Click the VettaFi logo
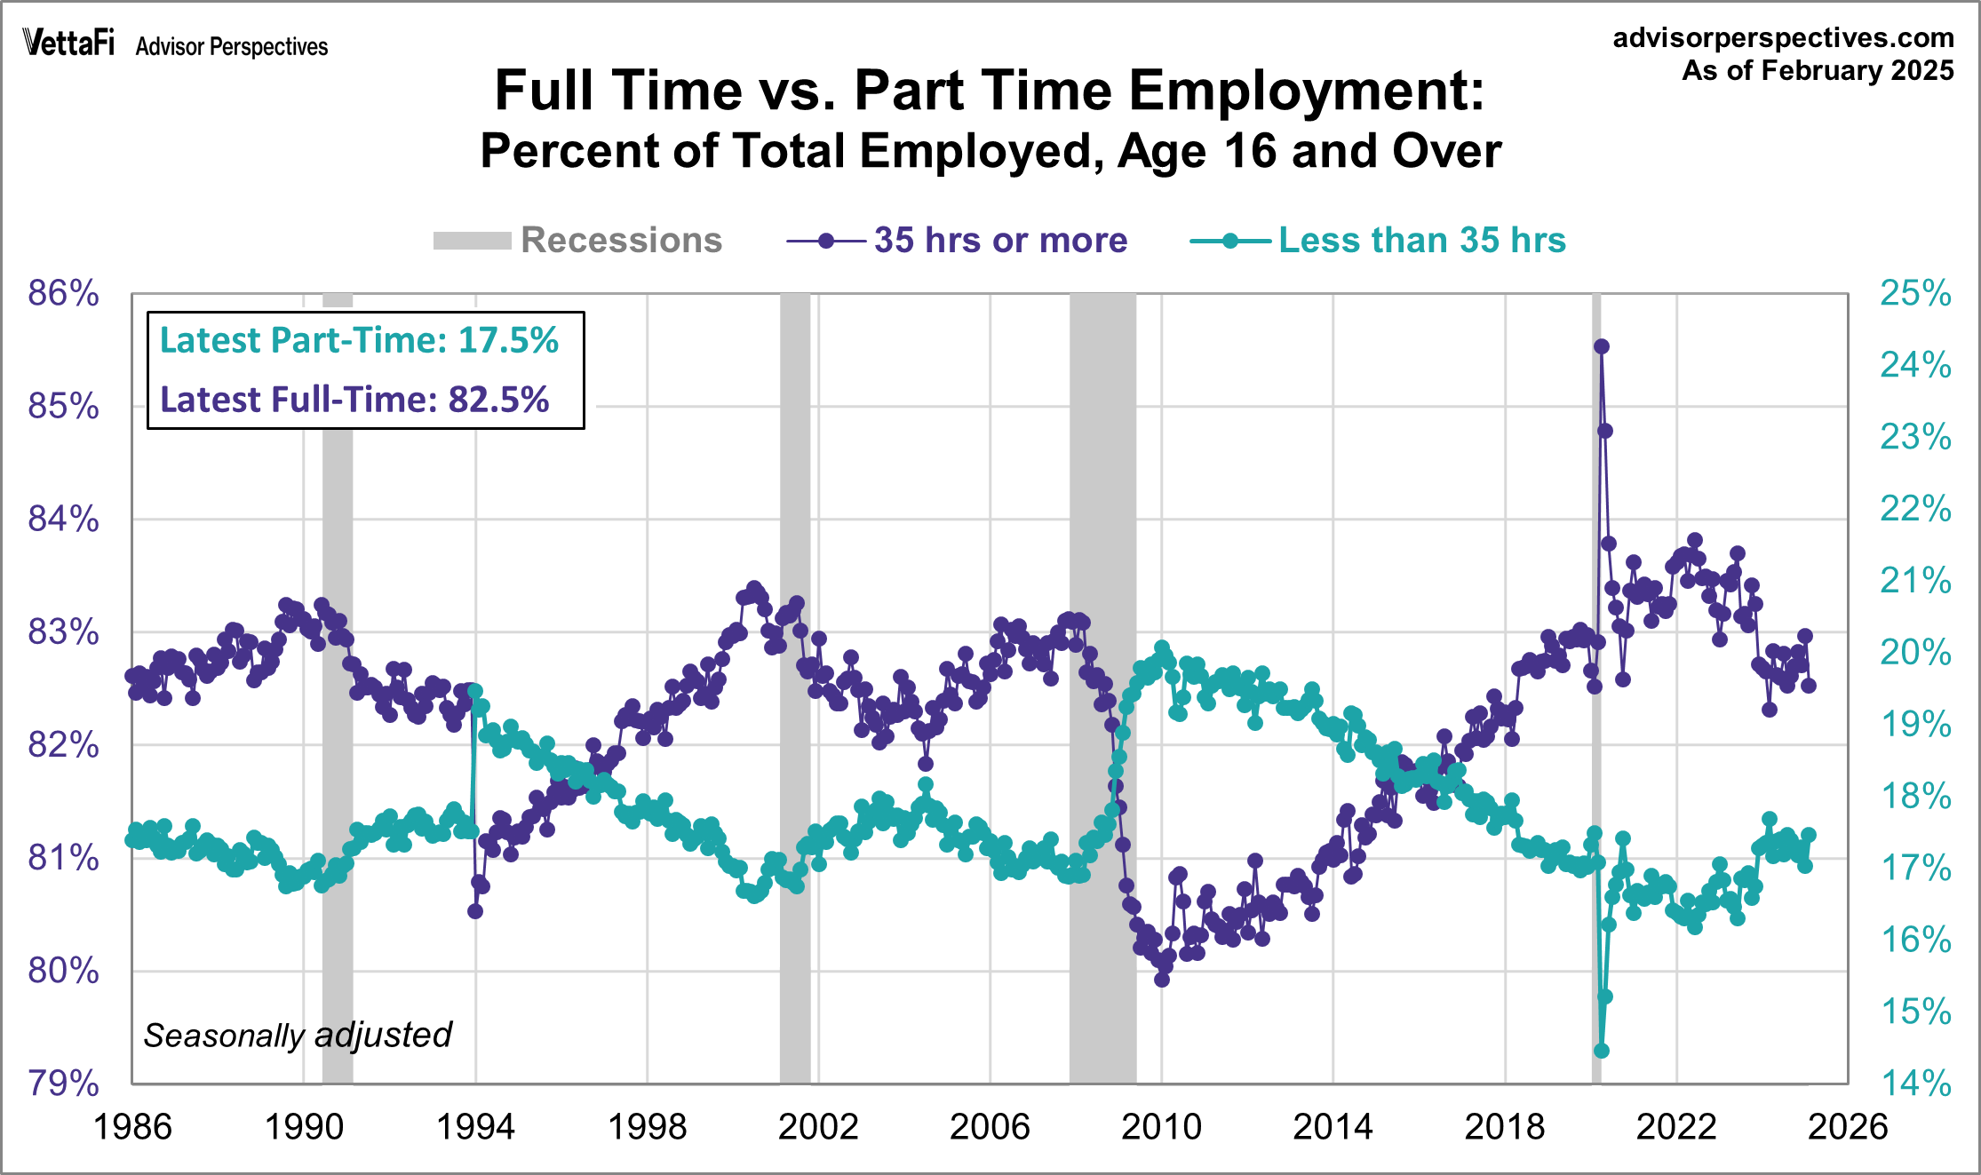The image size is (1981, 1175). coord(68,43)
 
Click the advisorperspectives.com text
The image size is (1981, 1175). coord(1783,37)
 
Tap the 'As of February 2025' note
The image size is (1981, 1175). coord(1817,71)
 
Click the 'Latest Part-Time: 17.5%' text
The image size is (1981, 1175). coord(359,341)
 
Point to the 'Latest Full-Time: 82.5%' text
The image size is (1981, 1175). coord(354,400)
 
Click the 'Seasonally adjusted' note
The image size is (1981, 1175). coord(298,1036)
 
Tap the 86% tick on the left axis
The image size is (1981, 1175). coord(63,293)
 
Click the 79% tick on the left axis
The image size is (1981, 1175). coord(63,1084)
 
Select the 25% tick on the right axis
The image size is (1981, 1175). coord(1915,293)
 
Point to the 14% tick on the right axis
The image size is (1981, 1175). coord(1915,1084)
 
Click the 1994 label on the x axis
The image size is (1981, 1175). coord(475,1127)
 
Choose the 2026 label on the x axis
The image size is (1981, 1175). coord(1847,1127)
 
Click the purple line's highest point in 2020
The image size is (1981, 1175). coord(1602,346)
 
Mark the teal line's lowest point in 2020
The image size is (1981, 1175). coord(1602,1051)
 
